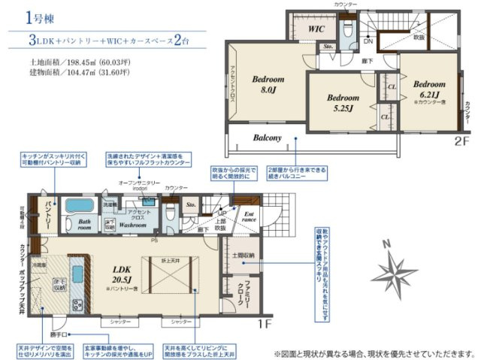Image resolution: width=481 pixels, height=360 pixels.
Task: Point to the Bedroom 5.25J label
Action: (x=345, y=101)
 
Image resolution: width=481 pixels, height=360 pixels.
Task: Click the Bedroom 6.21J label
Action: (x=430, y=89)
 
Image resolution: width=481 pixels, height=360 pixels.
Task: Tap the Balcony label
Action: (x=267, y=138)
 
